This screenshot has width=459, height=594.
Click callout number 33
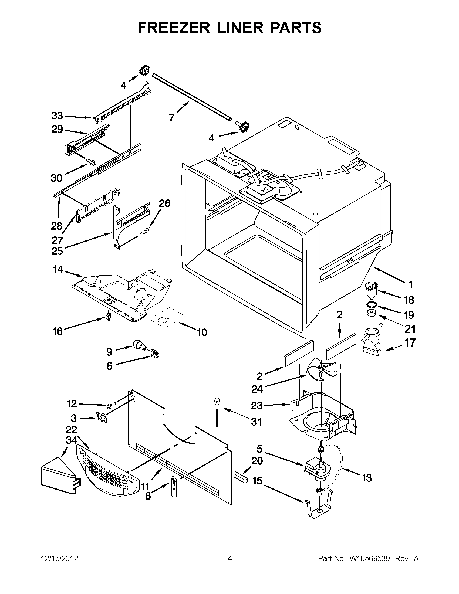pos(57,116)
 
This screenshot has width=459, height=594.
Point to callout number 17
pos(410,342)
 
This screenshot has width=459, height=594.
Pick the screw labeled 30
pos(91,162)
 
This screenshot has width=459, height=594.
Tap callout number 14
pos(58,270)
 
